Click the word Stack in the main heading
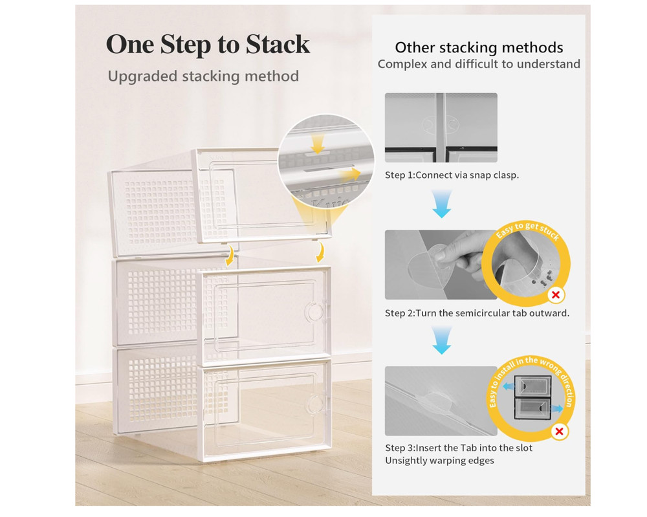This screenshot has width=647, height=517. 275,45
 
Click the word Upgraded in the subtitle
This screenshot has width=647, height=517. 142,76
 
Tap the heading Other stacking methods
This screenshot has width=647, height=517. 479,47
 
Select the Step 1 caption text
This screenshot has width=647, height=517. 452,175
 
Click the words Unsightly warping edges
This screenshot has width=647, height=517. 439,461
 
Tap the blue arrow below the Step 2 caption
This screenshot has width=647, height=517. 441,341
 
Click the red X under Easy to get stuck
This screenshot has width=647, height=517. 555,296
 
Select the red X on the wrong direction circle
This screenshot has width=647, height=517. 558,432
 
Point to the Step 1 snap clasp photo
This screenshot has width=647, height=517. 441,127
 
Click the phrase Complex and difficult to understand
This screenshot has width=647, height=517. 479,64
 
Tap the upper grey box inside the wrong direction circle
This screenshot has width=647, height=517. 531,386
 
